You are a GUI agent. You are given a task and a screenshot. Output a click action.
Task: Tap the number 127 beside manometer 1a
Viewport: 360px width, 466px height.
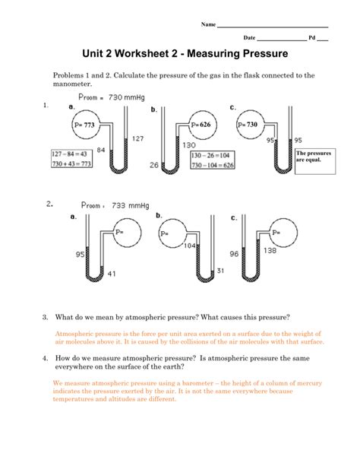pos(137,138)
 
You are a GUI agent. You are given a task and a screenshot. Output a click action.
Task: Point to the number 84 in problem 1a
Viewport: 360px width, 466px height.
pos(101,150)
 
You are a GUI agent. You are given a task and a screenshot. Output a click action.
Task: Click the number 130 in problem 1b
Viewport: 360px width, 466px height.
pos(189,145)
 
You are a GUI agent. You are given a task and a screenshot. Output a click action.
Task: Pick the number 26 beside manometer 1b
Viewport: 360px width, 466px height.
pos(154,165)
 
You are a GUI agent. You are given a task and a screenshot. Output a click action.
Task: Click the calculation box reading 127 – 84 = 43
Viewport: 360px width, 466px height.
pos(71,159)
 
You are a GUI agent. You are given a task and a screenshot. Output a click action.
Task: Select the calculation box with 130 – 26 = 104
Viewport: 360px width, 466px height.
pos(213,160)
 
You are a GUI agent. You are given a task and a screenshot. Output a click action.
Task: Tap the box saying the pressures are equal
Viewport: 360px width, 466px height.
pos(315,161)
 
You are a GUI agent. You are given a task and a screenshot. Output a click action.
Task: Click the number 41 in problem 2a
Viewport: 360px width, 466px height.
pos(112,274)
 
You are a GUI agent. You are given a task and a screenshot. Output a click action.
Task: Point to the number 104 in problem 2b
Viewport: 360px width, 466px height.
pos(190,246)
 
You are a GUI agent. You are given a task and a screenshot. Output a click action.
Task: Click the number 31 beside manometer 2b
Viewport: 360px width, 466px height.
pos(220,271)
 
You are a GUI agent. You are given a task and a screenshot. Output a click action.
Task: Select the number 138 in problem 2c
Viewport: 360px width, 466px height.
pos(270,251)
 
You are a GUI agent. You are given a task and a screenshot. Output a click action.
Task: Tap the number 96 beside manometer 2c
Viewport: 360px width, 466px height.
pos(234,254)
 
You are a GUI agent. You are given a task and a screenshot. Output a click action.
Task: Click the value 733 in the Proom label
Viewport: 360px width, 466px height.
pos(118,205)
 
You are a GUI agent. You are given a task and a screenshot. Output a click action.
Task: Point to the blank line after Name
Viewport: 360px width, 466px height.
pos(273,27)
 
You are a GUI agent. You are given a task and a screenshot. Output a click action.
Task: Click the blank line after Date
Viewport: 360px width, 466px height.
pos(282,40)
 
